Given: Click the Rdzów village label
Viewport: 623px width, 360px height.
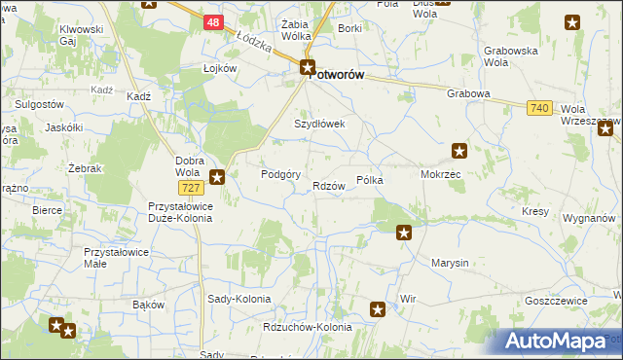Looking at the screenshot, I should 330,186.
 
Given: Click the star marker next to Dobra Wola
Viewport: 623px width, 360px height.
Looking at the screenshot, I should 218,177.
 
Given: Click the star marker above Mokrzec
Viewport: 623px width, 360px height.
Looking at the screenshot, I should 459,151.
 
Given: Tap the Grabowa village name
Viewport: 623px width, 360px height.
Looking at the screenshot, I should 467,94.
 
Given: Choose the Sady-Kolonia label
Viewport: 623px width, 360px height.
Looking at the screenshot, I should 233,300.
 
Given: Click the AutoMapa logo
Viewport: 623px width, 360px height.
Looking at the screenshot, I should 557,341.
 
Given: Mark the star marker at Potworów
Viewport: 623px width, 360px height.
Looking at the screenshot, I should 308,68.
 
